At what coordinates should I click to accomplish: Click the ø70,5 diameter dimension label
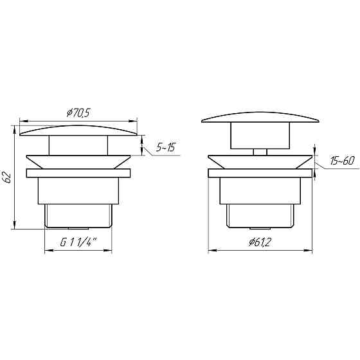pyautogui.click(x=78, y=113)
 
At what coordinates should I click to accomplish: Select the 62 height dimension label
pyautogui.click(x=7, y=177)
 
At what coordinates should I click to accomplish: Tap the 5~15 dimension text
pyautogui.click(x=166, y=147)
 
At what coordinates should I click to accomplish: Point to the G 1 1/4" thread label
pyautogui.click(x=78, y=242)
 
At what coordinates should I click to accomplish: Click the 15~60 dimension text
pyautogui.click(x=342, y=161)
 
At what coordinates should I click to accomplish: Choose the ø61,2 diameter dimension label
pyautogui.click(x=260, y=242)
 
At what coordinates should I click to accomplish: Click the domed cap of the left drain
pyautogui.click(x=78, y=131)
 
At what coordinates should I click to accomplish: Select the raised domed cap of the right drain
pyautogui.click(x=260, y=118)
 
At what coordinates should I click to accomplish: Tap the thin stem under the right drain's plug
pyautogui.click(x=260, y=152)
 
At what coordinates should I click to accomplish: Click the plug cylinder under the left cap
pyautogui.click(x=78, y=145)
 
